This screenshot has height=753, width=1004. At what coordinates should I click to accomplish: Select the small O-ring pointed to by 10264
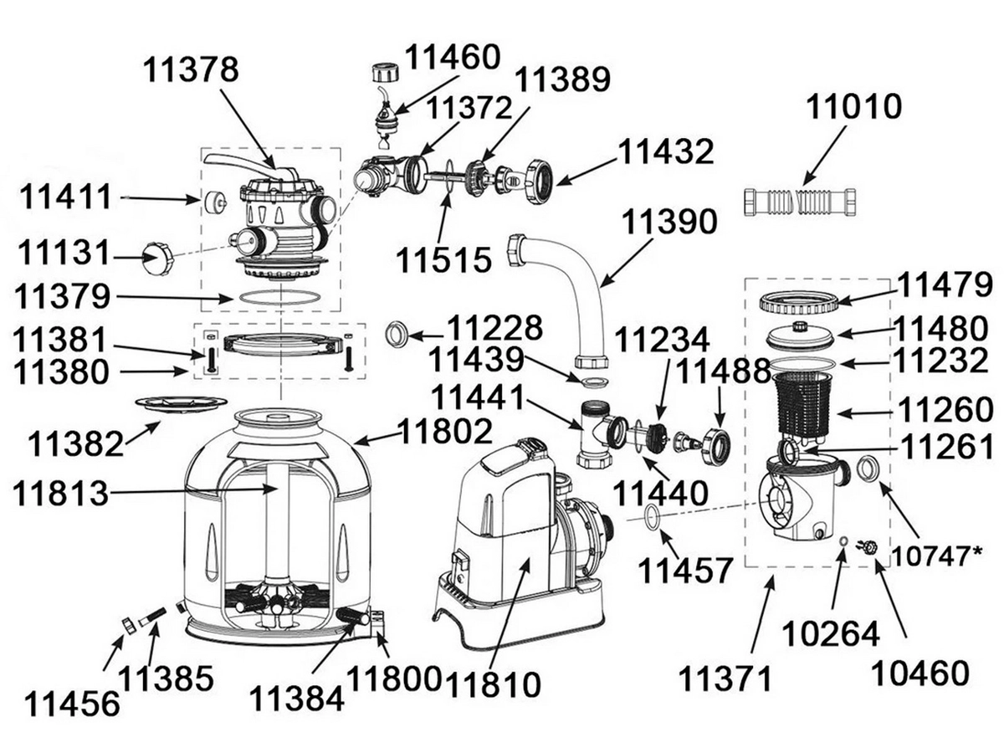[x=843, y=541]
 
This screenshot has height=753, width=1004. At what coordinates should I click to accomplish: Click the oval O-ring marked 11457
[x=653, y=515]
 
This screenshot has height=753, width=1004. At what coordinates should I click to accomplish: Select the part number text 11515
[x=443, y=259]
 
